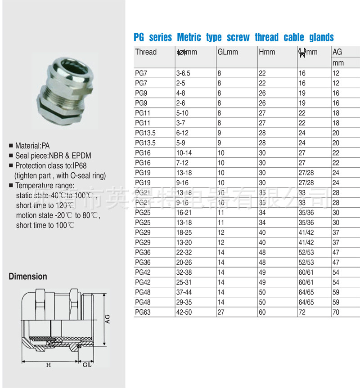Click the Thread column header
(x=146, y=52)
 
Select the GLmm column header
(x=228, y=52)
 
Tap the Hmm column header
(x=267, y=52)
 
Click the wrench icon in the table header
(x=302, y=53)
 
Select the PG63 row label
(x=143, y=312)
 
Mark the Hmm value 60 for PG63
(x=262, y=312)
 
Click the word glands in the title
(x=321, y=37)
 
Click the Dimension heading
(x=28, y=277)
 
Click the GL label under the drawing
(x=87, y=365)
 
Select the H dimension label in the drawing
(x=49, y=365)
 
